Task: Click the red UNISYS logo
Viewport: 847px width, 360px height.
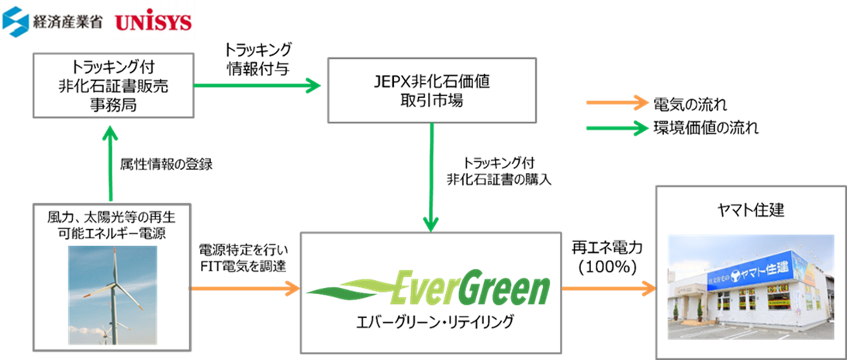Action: [154, 23]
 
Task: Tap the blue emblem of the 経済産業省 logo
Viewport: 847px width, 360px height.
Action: [16, 23]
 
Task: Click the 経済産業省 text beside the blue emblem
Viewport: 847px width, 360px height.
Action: [65, 23]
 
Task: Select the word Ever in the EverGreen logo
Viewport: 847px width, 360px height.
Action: [424, 289]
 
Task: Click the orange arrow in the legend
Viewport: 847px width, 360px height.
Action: [617, 102]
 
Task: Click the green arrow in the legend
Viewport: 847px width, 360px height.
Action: [617, 129]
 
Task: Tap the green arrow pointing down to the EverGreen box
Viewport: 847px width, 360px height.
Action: [430, 178]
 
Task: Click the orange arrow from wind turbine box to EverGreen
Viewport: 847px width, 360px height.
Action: [244, 289]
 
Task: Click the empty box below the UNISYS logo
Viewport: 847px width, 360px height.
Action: [112, 85]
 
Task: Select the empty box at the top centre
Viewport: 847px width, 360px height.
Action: [432, 90]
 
